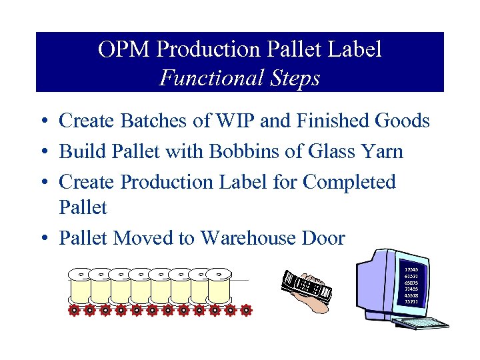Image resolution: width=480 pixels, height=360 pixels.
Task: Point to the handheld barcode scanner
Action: tap(307, 288)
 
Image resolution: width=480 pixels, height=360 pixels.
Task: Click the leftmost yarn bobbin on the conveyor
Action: tap(80, 287)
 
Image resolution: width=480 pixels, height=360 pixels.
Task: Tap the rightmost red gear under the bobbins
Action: tap(247, 310)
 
